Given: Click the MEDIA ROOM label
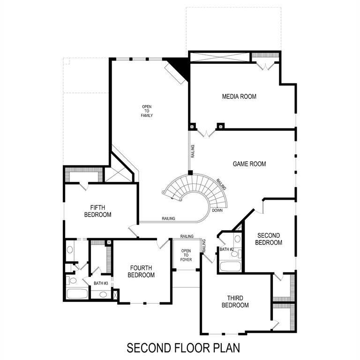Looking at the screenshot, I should click(x=239, y=97).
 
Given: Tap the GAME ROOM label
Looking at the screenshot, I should click(x=249, y=164).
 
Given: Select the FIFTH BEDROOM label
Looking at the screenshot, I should click(x=97, y=211).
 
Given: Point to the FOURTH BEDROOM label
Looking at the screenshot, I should click(x=142, y=271).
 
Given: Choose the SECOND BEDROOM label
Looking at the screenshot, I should click(x=269, y=239).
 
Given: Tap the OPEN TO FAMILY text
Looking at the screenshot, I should click(x=147, y=111).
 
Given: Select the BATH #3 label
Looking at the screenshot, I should click(x=101, y=283).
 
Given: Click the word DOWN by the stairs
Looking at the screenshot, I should click(x=217, y=210).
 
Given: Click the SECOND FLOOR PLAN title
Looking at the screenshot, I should click(x=183, y=348).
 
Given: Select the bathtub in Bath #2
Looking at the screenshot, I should click(x=230, y=267).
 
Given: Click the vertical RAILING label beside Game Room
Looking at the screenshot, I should click(x=193, y=152).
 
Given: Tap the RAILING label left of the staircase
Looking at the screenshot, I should click(x=169, y=218).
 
